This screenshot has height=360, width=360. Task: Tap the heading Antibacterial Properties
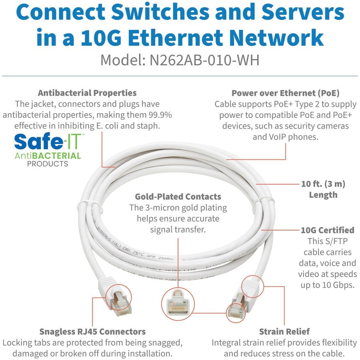tap(87, 93)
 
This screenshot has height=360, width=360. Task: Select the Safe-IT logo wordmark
tap(48, 142)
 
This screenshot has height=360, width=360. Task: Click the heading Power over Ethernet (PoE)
tap(285, 93)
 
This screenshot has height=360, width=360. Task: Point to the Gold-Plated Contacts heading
tap(178, 196)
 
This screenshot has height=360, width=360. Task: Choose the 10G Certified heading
tap(328, 230)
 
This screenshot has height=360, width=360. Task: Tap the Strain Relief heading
tap(284, 331)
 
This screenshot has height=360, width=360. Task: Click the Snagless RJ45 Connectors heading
tap(92, 331)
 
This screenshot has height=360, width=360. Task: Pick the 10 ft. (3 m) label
tap(323, 184)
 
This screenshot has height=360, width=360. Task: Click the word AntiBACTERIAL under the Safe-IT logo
tap(48, 155)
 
